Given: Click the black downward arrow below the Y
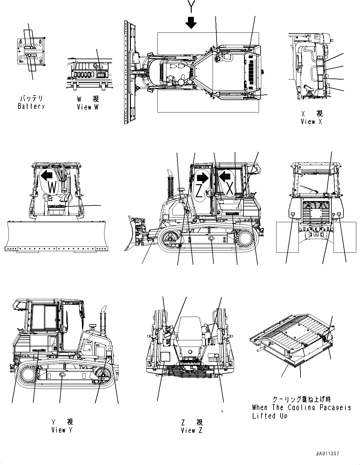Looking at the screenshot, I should point(191,22).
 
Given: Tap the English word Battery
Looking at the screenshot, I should point(31,107).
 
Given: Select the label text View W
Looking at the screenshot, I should point(88,107).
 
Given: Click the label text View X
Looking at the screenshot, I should point(311,122).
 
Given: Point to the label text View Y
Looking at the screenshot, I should point(62,430).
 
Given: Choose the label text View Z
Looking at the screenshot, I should point(191,430).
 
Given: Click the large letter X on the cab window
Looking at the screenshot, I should point(230,189).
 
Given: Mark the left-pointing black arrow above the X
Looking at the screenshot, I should point(225,177).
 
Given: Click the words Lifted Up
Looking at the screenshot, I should point(270,416).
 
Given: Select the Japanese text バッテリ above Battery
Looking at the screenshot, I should point(31,99).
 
